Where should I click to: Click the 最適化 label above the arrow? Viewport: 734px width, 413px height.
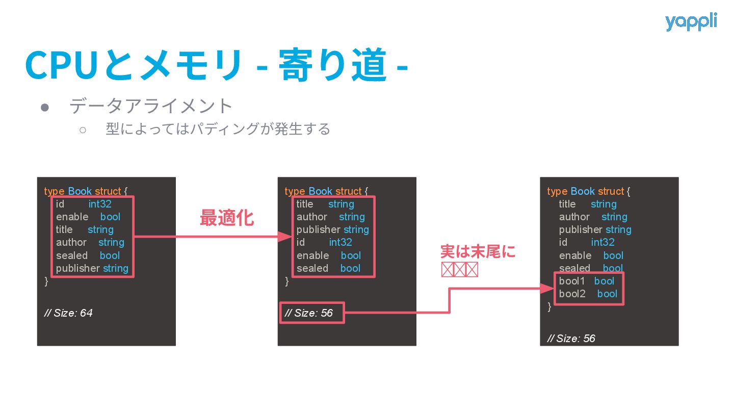point(226,218)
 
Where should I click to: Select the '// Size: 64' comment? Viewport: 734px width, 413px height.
point(69,313)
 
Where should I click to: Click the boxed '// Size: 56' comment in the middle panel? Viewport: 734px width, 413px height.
point(311,313)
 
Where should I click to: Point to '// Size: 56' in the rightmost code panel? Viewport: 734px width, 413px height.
point(571,339)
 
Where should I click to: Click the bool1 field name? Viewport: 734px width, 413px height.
point(572,281)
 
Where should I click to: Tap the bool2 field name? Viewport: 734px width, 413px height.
point(572,294)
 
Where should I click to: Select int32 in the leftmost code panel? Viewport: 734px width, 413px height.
point(100,204)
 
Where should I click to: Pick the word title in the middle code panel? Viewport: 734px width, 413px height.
point(305,204)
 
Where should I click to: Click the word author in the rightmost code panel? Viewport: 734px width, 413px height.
point(574,217)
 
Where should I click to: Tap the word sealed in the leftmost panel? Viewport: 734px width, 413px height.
point(72,255)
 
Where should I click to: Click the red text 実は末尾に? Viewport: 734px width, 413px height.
point(478,252)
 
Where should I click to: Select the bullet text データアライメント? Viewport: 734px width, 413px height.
point(151,107)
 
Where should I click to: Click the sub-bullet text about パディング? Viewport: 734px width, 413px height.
point(218,129)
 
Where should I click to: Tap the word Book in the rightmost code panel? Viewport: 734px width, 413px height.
point(583,191)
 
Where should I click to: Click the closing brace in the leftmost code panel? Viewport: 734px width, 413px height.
point(46,281)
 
